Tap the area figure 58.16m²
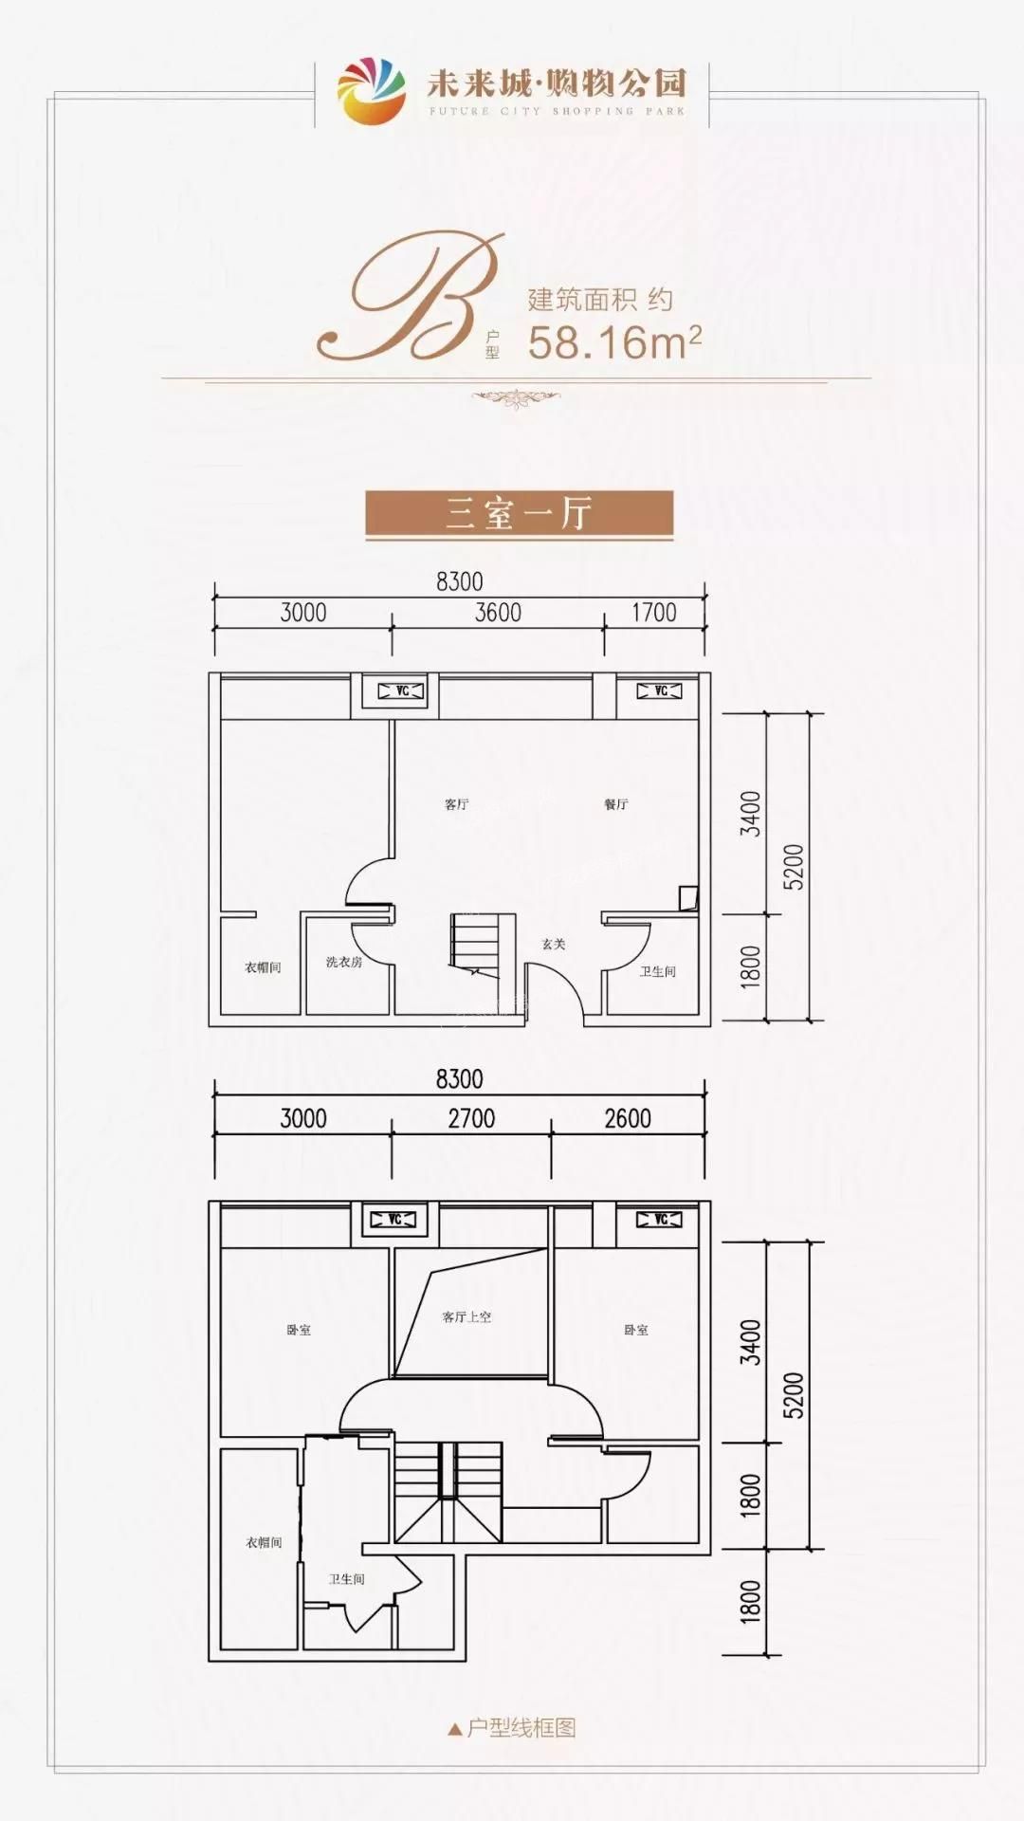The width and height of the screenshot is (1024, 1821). point(614,342)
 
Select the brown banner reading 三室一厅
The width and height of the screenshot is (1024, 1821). point(520,514)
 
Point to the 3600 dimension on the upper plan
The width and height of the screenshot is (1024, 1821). point(498,613)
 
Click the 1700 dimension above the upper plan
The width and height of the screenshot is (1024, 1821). point(654,613)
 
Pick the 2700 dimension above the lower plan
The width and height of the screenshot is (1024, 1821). point(471,1119)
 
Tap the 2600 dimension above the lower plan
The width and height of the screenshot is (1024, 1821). point(628,1119)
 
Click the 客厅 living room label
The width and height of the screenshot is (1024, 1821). point(456,804)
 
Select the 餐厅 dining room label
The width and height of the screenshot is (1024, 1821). point(616,804)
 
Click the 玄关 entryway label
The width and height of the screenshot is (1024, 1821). point(554,944)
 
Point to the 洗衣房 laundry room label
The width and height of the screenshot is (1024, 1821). point(344,962)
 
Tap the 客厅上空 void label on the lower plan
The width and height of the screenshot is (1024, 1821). point(466,1317)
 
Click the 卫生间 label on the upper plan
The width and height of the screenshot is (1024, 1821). point(657,971)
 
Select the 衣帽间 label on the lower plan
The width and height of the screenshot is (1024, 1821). point(264,1543)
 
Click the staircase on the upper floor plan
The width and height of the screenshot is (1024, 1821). point(483,941)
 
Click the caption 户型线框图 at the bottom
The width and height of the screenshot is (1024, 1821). point(521,1728)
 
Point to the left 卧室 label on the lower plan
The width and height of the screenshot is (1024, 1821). point(299,1331)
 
